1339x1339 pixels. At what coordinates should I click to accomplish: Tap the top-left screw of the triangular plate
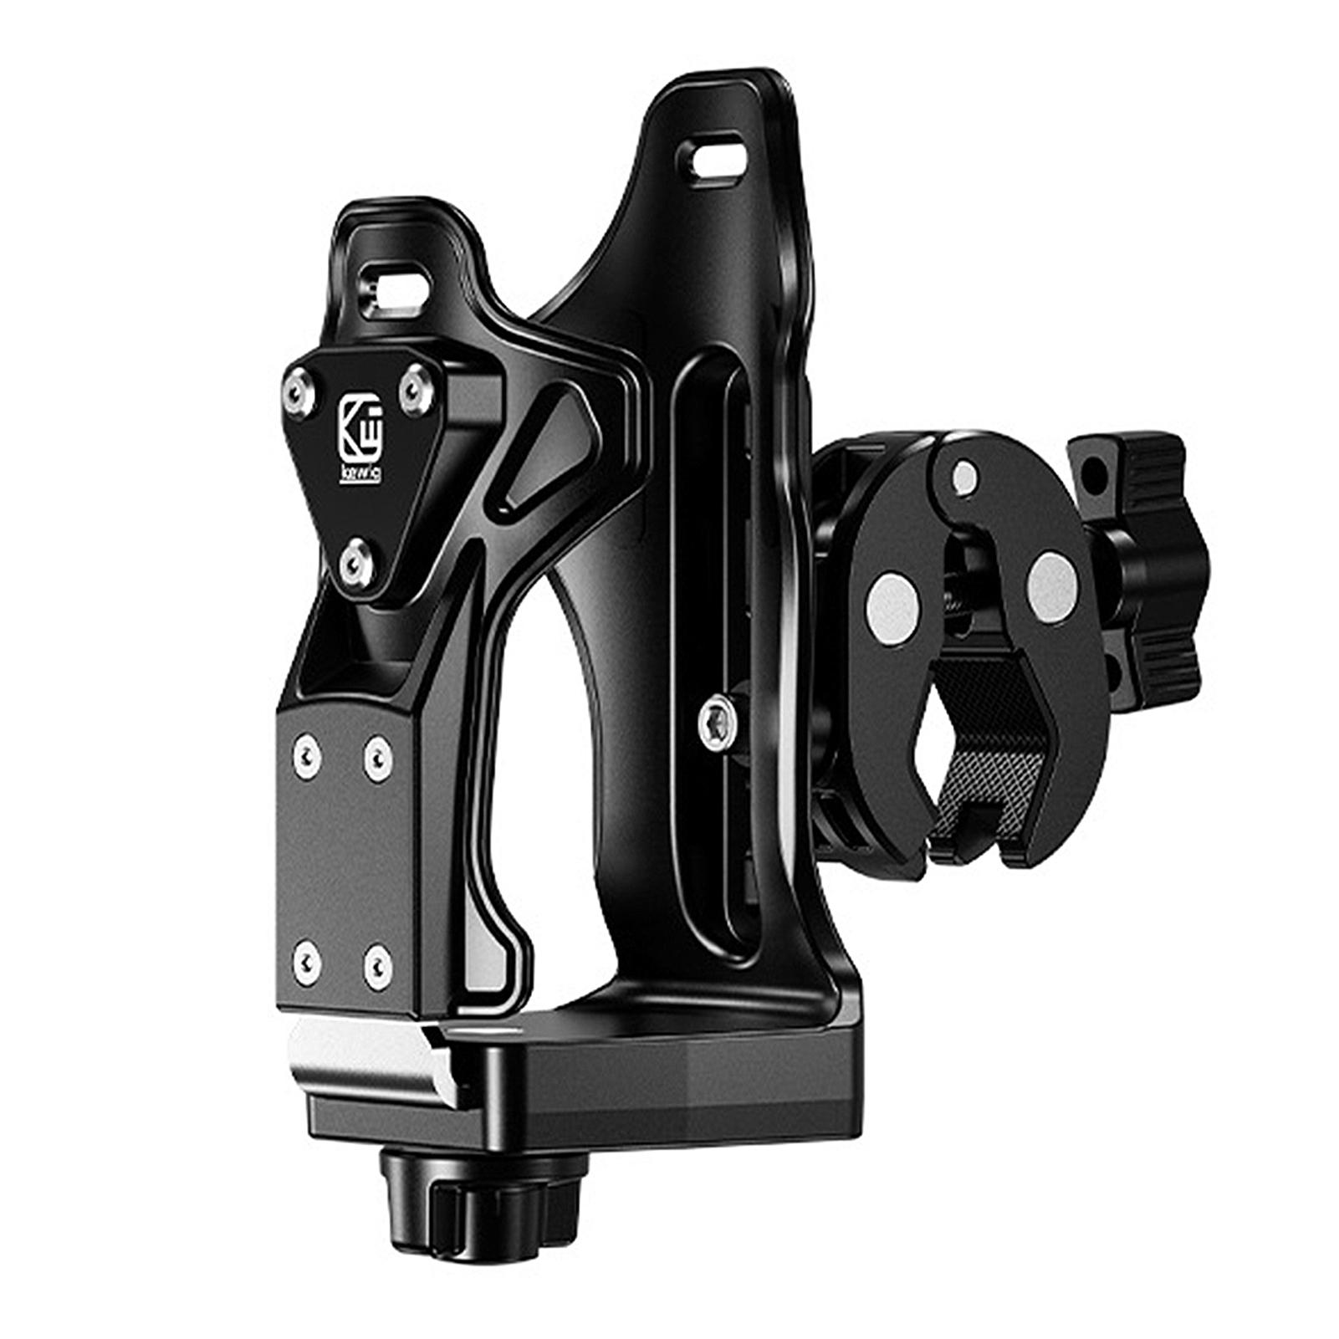[x=299, y=387]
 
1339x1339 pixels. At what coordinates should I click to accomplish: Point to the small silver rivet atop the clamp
[x=965, y=473]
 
